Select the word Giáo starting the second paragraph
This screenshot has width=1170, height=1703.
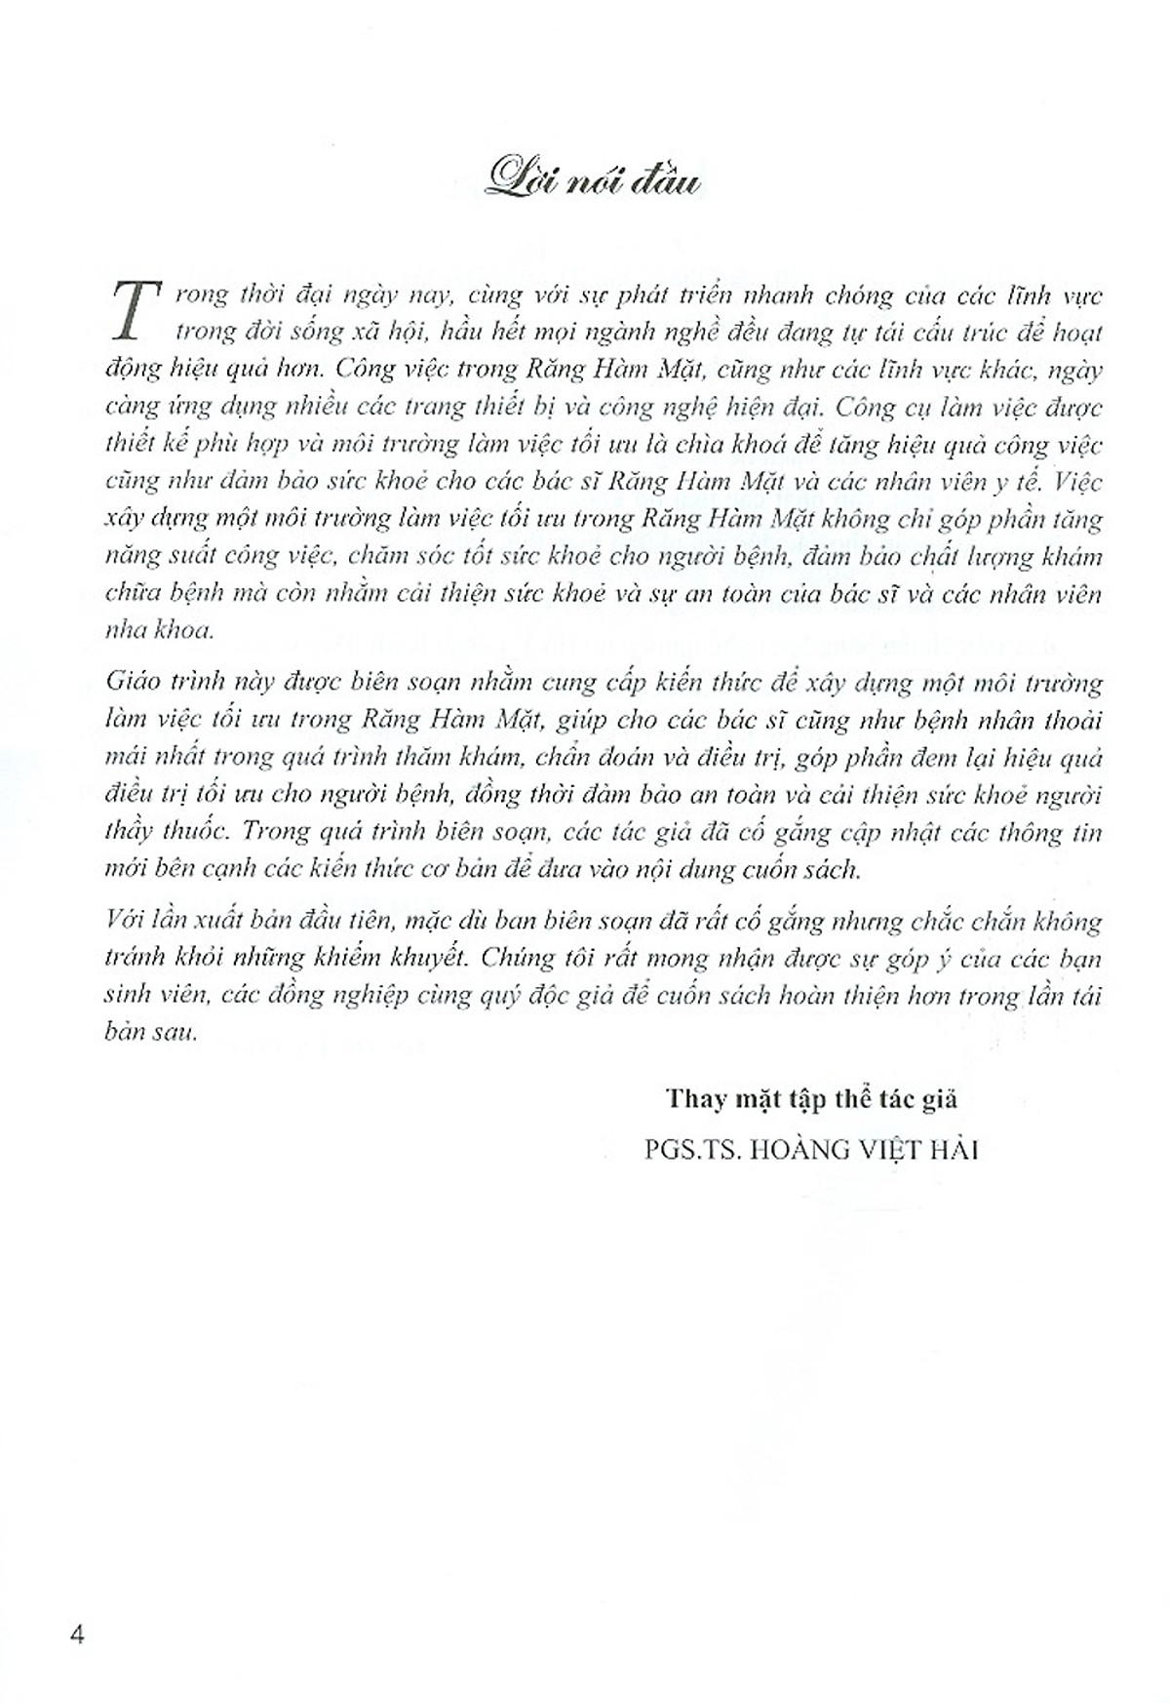click(130, 683)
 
